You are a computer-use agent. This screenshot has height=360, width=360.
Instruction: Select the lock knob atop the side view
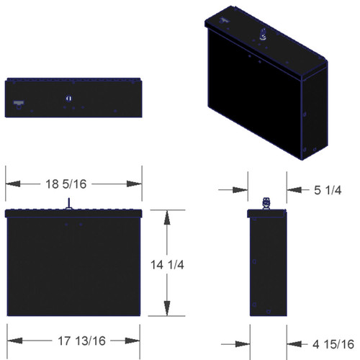click(x=266, y=204)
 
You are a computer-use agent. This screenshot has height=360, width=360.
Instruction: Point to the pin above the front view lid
click(x=68, y=204)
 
